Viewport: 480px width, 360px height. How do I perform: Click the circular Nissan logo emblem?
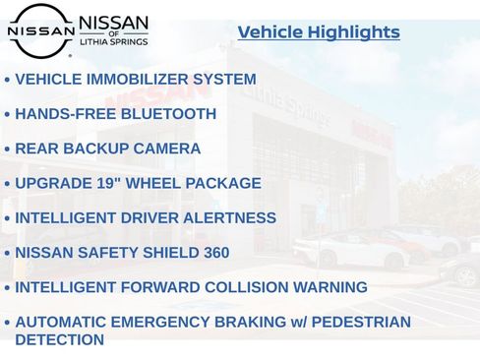click(40, 30)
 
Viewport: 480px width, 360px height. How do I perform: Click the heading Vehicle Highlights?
click(319, 32)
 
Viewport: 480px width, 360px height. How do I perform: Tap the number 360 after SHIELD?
click(215, 253)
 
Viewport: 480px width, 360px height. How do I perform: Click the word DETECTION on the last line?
click(59, 340)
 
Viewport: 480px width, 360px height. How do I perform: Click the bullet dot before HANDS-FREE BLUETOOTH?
click(8, 115)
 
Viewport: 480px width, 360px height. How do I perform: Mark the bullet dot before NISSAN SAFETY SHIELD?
click(8, 254)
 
